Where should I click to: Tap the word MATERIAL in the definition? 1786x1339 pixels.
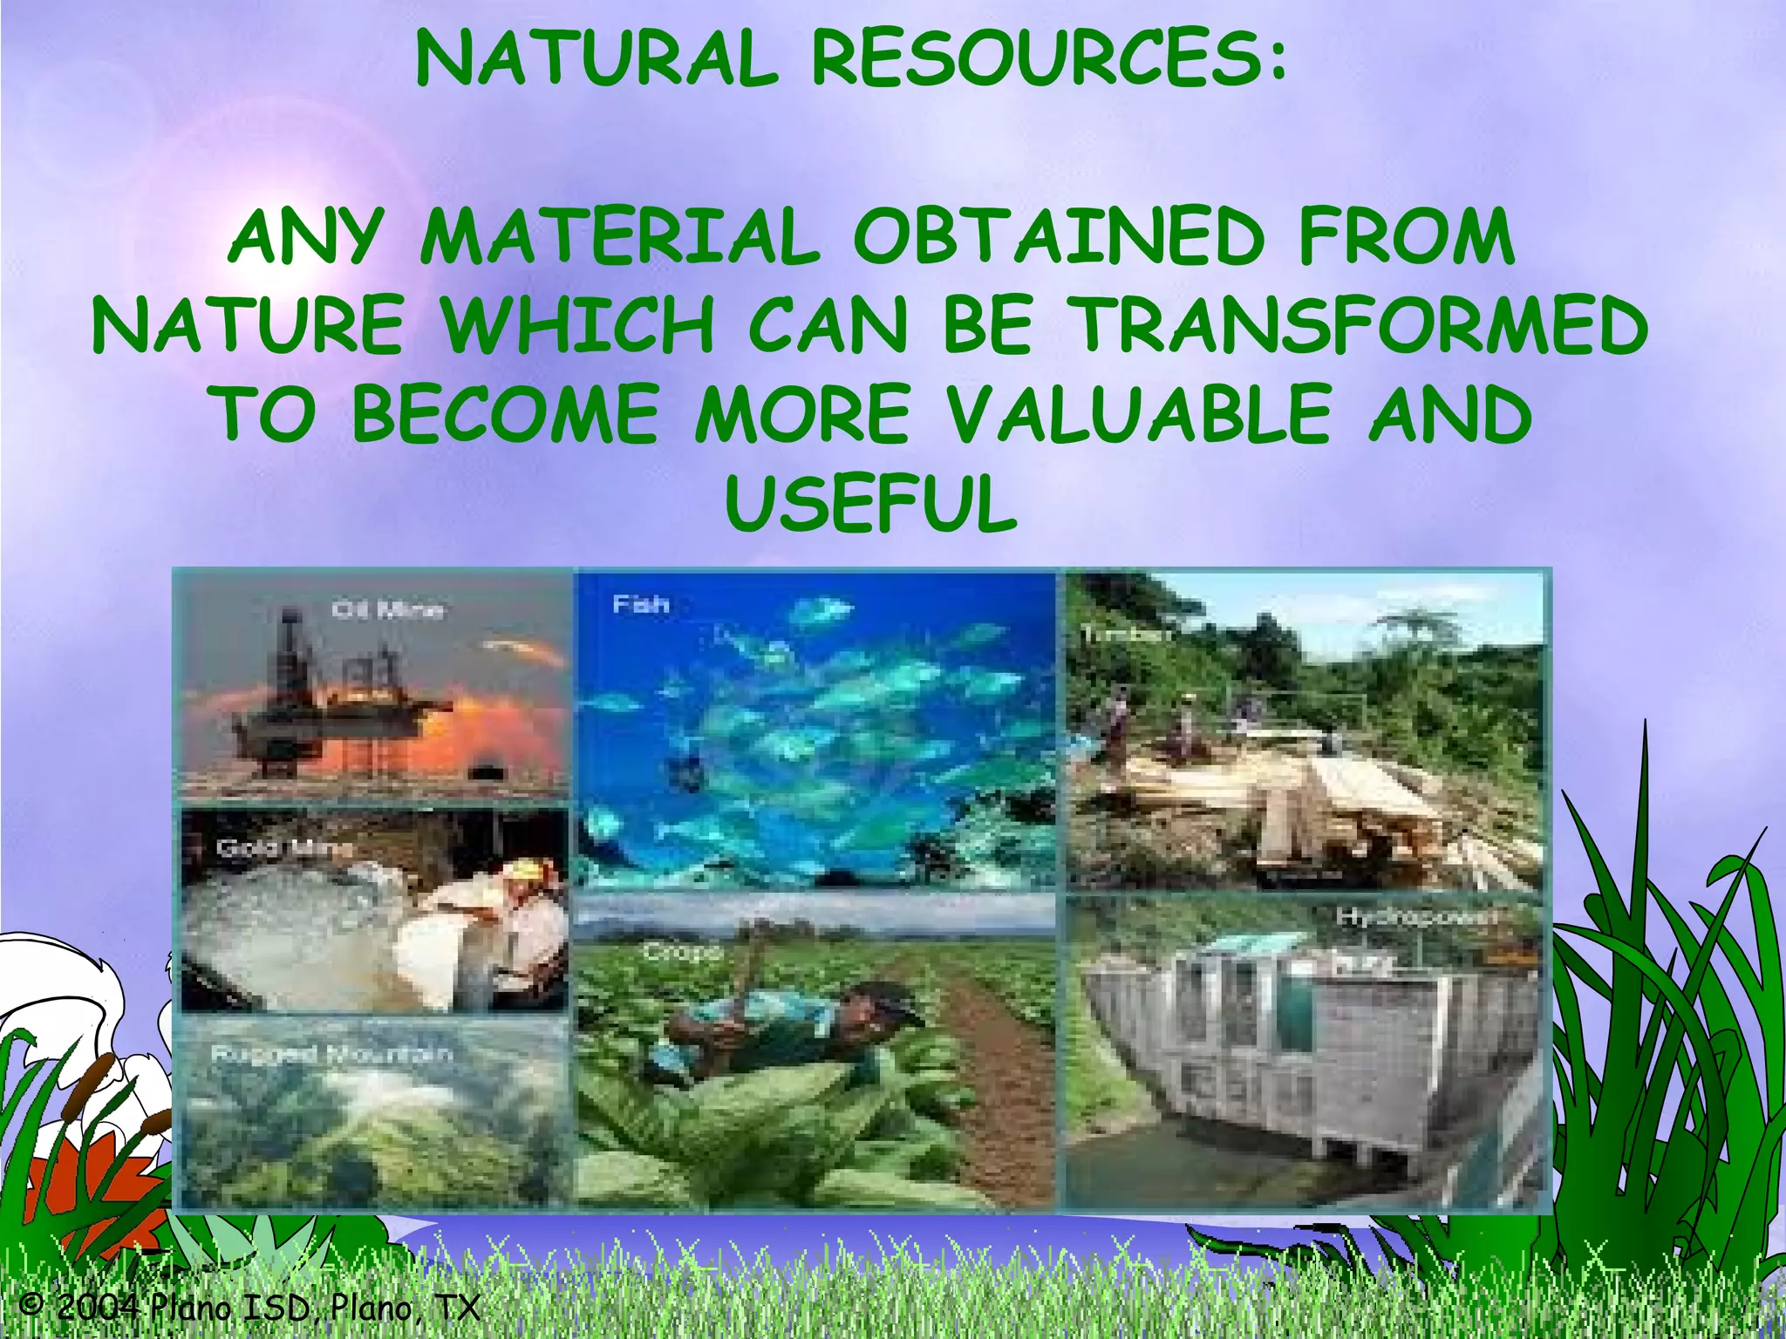(x=620, y=237)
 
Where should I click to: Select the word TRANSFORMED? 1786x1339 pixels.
(x=1360, y=325)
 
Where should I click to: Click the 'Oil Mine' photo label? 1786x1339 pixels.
(x=387, y=609)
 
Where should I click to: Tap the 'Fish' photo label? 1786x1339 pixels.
(x=640, y=603)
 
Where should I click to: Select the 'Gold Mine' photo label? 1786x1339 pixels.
(x=285, y=847)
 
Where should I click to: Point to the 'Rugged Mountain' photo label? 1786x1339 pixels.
(x=331, y=1054)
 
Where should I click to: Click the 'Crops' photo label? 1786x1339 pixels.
(x=684, y=952)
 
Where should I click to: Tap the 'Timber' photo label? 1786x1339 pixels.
(x=1125, y=635)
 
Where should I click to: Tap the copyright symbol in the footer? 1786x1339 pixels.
(x=31, y=1306)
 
